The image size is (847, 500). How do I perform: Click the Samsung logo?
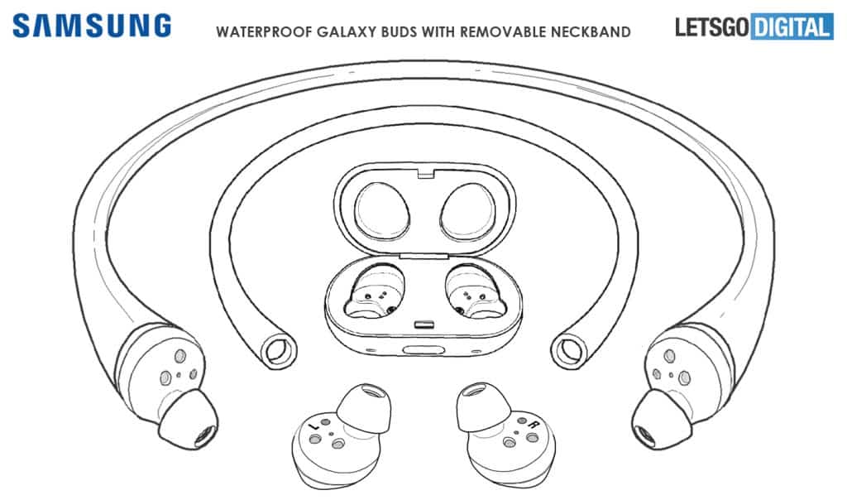coord(92,26)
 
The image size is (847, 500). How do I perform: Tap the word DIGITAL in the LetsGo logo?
coord(792,27)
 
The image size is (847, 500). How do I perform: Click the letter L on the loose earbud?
coord(313,427)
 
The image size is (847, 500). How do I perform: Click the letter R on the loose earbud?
coord(534,425)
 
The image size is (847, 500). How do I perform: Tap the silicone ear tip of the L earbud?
coord(364,408)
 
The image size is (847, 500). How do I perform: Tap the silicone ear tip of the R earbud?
coord(482,406)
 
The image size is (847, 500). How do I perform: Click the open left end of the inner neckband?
coord(280,351)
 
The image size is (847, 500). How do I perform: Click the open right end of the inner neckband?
coord(568,351)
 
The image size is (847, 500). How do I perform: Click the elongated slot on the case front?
coord(424,349)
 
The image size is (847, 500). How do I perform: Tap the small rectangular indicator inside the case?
coord(424,325)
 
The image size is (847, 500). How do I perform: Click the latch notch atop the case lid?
coord(426,173)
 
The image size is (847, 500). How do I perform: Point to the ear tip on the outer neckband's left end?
coord(188,419)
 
